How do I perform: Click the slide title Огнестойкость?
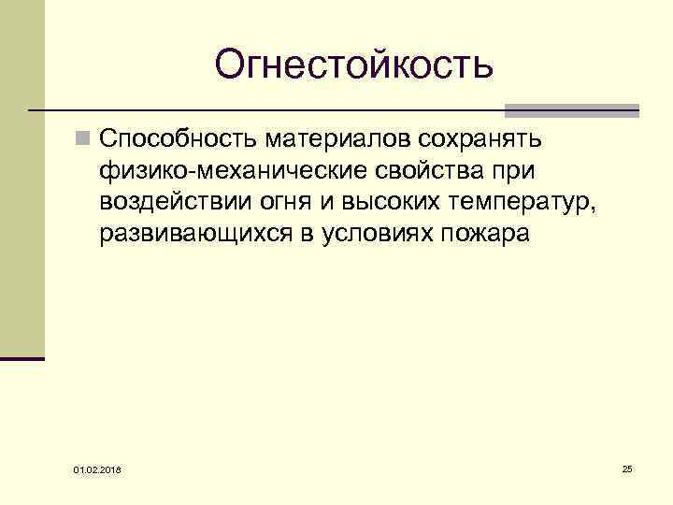[352, 65]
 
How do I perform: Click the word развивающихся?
[196, 234]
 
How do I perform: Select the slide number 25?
[627, 467]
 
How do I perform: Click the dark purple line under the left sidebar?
[22, 357]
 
